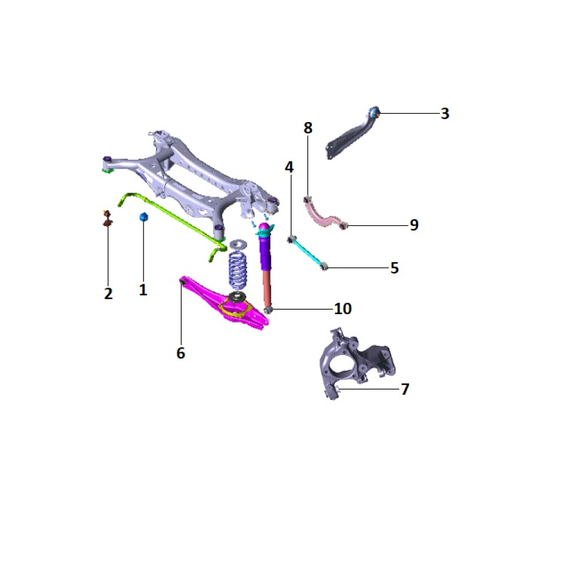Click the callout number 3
click(x=445, y=114)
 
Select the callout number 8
click(x=308, y=128)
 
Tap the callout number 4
click(x=289, y=167)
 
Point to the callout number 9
click(x=414, y=225)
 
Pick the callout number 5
click(x=394, y=268)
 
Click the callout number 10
click(x=343, y=308)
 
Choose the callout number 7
click(x=405, y=389)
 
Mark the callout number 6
click(x=181, y=353)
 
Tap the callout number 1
click(x=143, y=290)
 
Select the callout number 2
click(x=108, y=294)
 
